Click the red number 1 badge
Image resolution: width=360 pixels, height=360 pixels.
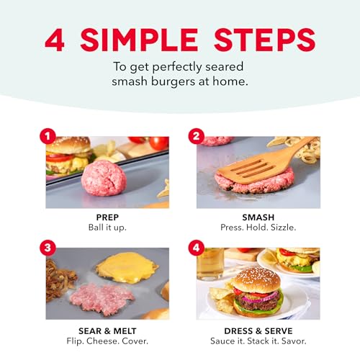pyautogui.click(x=48, y=136)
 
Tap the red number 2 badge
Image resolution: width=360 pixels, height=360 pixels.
pyautogui.click(x=197, y=136)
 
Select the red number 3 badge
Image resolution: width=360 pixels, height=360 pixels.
pyautogui.click(x=48, y=248)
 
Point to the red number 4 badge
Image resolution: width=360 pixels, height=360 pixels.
pyautogui.click(x=197, y=248)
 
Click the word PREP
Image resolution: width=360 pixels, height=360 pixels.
pyautogui.click(x=107, y=217)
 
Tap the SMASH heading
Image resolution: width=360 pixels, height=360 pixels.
pyautogui.click(x=258, y=217)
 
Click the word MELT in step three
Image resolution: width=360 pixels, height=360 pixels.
pyautogui.click(x=125, y=331)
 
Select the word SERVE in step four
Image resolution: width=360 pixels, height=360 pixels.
pyautogui.click(x=279, y=331)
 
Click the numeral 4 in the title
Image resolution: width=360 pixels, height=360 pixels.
pyautogui.click(x=55, y=40)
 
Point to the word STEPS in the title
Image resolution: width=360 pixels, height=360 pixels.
pyautogui.click(x=265, y=40)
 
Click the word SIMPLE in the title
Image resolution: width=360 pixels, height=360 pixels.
pyautogui.click(x=139, y=40)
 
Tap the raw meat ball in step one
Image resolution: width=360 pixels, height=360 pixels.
pyautogui.click(x=104, y=178)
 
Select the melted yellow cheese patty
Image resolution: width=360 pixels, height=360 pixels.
pyautogui.click(x=127, y=268)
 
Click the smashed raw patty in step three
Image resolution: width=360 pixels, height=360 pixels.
pyautogui.click(x=102, y=299)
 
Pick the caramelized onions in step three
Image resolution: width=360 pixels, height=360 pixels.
pyautogui.click(x=60, y=279)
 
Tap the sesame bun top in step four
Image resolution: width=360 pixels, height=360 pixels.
pyautogui.click(x=257, y=280)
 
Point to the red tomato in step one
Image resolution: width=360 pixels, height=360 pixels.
pyautogui.click(x=158, y=143)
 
